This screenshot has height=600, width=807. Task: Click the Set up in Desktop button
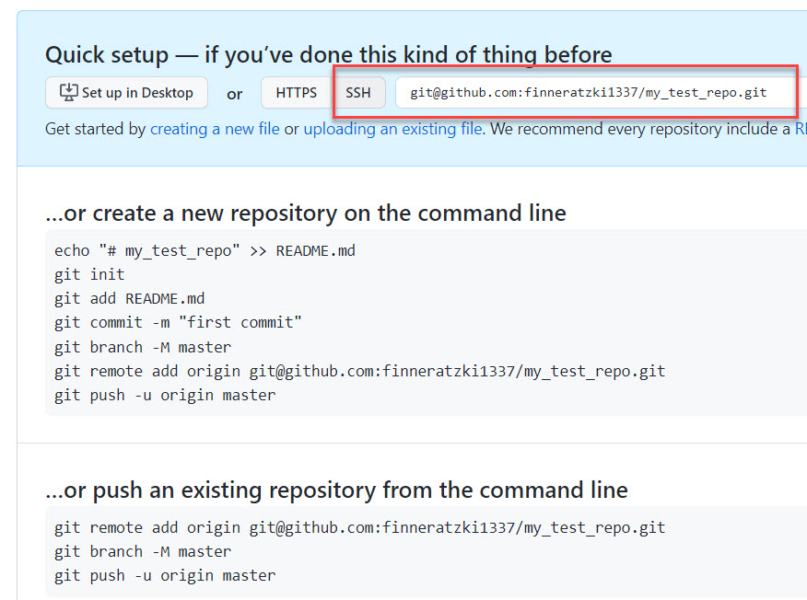(x=126, y=93)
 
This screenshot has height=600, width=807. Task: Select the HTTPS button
(x=296, y=93)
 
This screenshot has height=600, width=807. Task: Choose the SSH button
(x=358, y=93)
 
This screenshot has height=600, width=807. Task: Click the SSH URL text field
(x=590, y=93)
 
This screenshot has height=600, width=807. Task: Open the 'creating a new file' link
(x=215, y=129)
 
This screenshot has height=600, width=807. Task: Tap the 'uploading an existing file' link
(x=392, y=129)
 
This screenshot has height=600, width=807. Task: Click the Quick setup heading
(x=328, y=55)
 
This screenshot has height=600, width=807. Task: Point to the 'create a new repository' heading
(x=306, y=213)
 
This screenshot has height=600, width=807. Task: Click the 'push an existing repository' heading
(x=336, y=490)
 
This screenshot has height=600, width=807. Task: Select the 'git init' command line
(x=89, y=274)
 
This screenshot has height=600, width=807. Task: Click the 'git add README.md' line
(x=129, y=298)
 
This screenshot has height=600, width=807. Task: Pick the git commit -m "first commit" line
(x=178, y=322)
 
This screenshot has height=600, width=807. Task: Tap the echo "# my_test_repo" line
(x=205, y=250)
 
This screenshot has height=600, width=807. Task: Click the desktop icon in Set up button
(x=69, y=93)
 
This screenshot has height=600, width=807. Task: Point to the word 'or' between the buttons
(x=235, y=94)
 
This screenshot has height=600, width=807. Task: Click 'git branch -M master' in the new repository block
(x=143, y=347)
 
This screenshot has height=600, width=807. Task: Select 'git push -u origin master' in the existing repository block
(x=165, y=575)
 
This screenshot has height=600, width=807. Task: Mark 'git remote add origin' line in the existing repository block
(x=359, y=527)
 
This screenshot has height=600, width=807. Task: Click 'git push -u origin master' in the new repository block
(x=165, y=395)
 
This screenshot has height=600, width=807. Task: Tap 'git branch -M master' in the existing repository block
(x=143, y=551)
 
